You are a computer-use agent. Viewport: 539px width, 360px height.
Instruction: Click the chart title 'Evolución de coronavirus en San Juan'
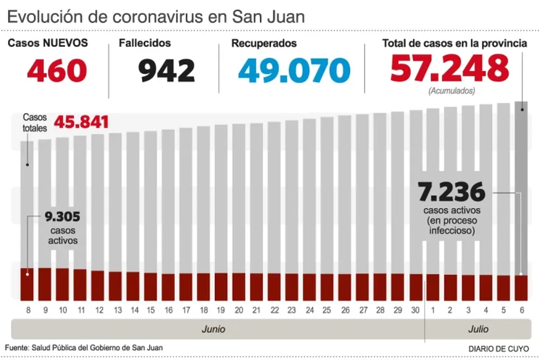tap(156, 16)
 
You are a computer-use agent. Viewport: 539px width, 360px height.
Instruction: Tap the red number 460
tap(57, 70)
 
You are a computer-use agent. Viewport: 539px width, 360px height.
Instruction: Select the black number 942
tap(167, 70)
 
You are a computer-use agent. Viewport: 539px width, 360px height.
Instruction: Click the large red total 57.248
tap(450, 68)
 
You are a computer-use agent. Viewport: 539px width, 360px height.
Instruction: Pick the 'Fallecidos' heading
tap(148, 43)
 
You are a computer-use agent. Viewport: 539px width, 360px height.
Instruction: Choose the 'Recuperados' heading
tap(264, 44)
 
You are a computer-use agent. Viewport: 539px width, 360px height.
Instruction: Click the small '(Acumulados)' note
tap(452, 91)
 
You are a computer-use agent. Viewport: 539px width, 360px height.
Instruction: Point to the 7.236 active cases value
tap(452, 191)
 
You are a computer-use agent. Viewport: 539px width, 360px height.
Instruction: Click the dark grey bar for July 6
tap(521, 189)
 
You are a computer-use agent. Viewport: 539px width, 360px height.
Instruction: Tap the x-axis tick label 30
tap(415, 310)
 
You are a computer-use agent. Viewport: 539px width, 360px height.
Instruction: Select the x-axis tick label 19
tap(221, 310)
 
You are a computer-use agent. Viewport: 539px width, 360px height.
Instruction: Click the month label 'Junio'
tap(213, 329)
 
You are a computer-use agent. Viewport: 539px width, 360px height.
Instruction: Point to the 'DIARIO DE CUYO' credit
tap(499, 348)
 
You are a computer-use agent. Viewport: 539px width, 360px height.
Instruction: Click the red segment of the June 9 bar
tap(45, 284)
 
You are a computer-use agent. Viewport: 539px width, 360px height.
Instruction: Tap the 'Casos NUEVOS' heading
tap(47, 43)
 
